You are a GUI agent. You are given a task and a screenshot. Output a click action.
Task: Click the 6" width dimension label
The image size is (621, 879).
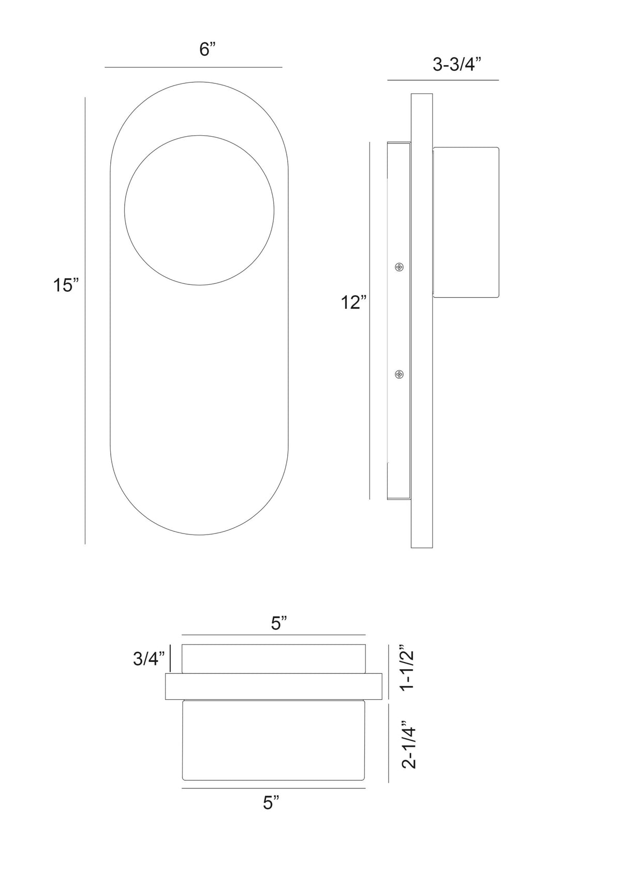(208, 49)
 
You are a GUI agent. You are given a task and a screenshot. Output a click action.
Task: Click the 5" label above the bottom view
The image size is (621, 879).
(279, 623)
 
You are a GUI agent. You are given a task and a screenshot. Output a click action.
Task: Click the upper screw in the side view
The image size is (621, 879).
(399, 268)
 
